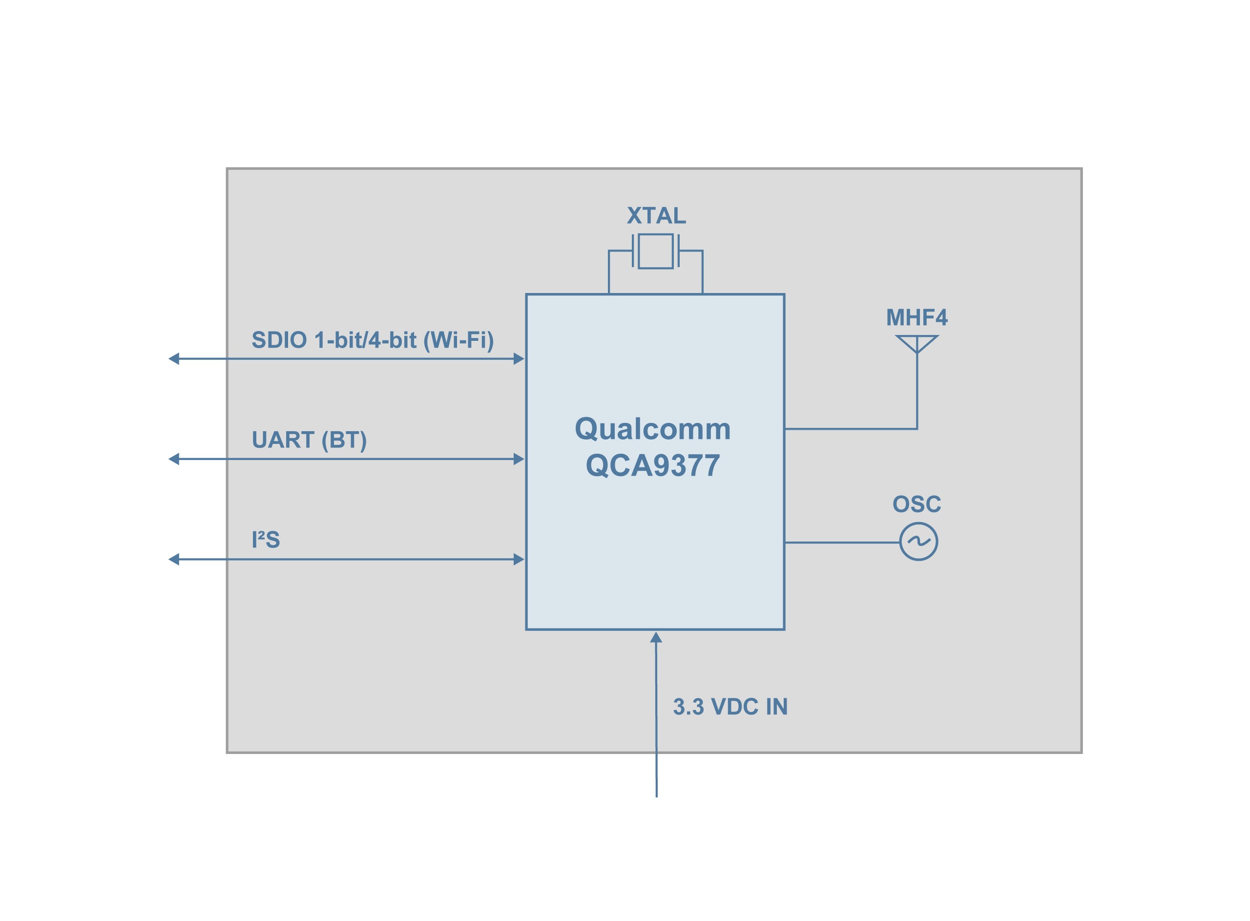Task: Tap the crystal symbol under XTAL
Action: click(x=655, y=251)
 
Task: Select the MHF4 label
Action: click(x=916, y=318)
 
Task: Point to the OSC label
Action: click(x=916, y=504)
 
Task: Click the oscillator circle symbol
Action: click(x=918, y=542)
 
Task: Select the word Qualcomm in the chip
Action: click(x=652, y=429)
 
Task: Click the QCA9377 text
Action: click(x=652, y=465)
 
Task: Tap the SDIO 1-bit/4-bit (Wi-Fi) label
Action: click(x=372, y=340)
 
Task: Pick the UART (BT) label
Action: click(x=309, y=440)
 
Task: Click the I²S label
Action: click(x=265, y=540)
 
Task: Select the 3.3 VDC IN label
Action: click(x=730, y=707)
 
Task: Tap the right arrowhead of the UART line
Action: click(x=518, y=459)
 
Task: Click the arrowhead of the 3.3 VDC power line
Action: click(x=656, y=637)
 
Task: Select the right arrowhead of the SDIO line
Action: click(x=518, y=358)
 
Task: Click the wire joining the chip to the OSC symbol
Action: click(x=841, y=542)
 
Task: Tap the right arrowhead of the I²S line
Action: click(x=518, y=559)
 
